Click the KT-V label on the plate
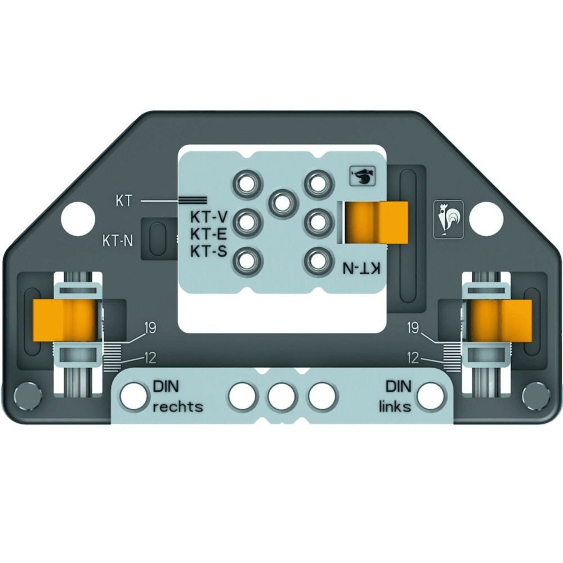(208, 217)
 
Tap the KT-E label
(208, 234)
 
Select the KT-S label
(208, 251)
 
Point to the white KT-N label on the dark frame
(118, 241)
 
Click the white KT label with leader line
(124, 202)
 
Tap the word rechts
(178, 407)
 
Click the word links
(395, 407)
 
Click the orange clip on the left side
(65, 321)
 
